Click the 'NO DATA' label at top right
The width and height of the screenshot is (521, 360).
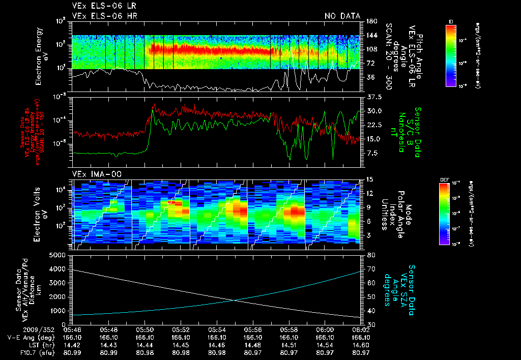[342, 16]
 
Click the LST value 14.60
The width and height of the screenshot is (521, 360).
[361, 345]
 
